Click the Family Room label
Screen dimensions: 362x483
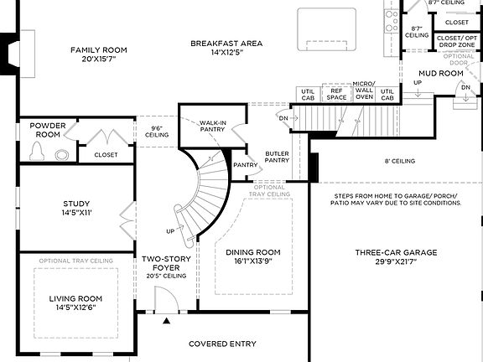(97, 50)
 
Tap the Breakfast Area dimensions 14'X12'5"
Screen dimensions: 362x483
(226, 54)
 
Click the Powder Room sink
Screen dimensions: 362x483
(61, 153)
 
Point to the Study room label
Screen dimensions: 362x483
(76, 204)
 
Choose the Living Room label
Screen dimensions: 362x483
(75, 298)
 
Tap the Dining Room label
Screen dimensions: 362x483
(253, 252)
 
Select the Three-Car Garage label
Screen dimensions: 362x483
(396, 252)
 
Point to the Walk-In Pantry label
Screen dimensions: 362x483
(213, 127)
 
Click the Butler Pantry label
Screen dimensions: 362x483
(277, 157)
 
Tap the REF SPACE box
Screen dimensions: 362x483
(337, 94)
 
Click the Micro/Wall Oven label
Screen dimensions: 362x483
(364, 91)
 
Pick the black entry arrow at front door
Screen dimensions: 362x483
(166, 321)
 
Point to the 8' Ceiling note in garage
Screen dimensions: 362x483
(400, 161)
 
